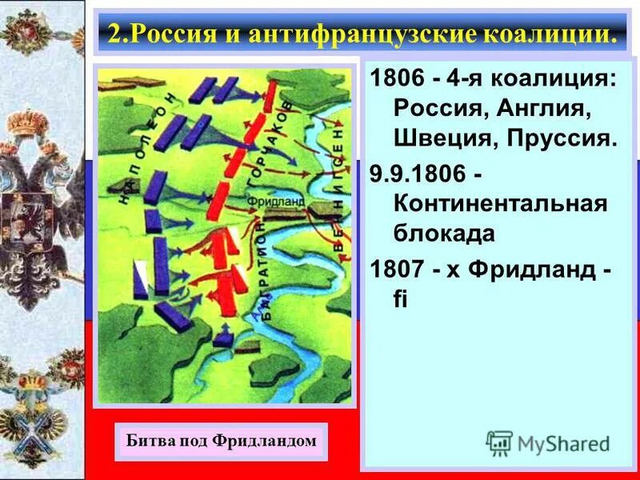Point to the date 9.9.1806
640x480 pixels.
point(420,174)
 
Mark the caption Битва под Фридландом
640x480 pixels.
point(222,441)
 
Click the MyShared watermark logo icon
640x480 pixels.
point(499,443)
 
